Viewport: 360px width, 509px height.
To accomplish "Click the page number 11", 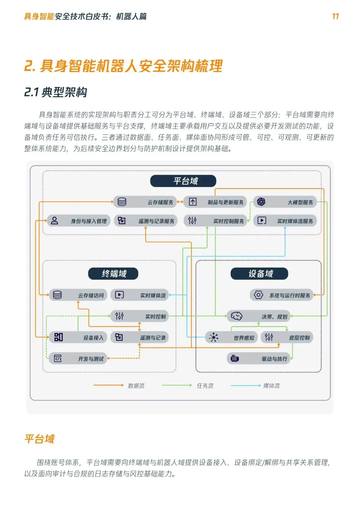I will (335, 16).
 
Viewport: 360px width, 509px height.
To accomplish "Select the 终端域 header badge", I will (113, 274).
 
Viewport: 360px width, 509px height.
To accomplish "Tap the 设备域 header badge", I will (259, 274).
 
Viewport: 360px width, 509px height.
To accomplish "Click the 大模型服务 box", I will (285, 202).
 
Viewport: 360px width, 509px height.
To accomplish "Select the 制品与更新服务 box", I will (215, 202).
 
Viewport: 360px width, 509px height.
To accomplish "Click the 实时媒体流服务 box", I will (285, 221).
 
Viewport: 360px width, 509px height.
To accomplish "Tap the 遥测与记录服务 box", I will (146, 221).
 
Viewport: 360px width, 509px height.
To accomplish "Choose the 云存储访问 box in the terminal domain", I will (78, 295).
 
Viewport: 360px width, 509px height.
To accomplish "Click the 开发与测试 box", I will (78, 359).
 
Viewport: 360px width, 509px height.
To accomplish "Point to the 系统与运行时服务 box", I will (281, 295).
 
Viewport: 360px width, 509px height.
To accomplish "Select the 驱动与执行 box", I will (258, 359).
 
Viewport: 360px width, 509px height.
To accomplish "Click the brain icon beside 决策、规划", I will (236, 316).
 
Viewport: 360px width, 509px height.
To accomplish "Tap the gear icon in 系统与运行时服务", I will (258, 295).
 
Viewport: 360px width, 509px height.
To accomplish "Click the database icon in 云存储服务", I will (122, 202).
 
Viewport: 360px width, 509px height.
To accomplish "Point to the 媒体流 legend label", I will (271, 386).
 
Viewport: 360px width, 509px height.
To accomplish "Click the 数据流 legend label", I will (136, 386).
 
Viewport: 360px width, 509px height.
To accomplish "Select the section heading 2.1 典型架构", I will (56, 92).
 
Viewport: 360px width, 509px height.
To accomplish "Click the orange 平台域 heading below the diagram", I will (40, 439).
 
